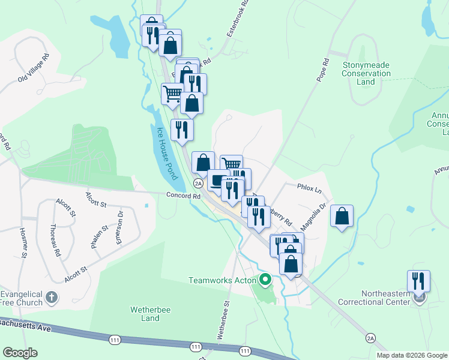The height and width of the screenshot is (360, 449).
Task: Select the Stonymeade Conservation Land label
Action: point(366,69)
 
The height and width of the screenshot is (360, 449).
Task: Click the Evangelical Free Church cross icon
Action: point(52,296)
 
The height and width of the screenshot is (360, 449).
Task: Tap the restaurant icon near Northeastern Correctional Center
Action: point(418,281)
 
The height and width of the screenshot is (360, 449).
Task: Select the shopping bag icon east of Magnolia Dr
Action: point(342,216)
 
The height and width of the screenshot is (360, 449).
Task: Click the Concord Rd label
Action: point(183,196)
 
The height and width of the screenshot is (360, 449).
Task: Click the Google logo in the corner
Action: point(20,353)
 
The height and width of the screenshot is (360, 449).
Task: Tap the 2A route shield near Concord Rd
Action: point(197,184)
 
